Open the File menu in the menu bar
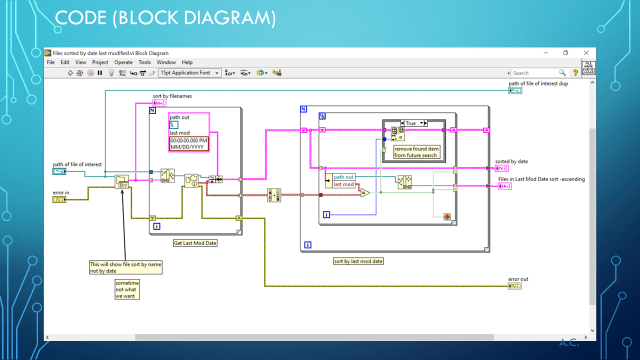tap(51, 62)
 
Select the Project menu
tap(100, 62)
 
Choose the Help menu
tap(187, 62)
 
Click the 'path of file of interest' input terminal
tap(59, 171)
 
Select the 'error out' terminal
tap(515, 286)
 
